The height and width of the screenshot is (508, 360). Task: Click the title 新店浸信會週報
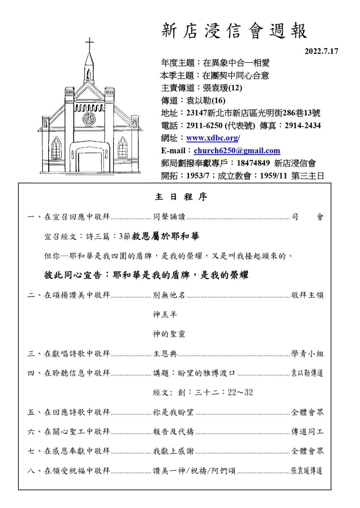[x=234, y=31]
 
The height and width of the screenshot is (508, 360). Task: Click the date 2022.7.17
[x=321, y=51]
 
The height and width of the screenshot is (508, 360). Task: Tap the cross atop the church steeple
[x=89, y=45]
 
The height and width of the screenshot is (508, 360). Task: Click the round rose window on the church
[x=89, y=118]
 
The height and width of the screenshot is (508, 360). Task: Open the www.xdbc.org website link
[x=212, y=138]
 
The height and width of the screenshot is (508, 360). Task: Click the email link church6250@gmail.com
[x=237, y=151]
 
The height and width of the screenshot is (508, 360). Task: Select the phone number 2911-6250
[x=204, y=126]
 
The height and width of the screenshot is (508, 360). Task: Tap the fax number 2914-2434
[x=302, y=126]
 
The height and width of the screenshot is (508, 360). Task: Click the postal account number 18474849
[x=253, y=163]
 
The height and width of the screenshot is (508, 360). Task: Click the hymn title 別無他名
[x=169, y=295]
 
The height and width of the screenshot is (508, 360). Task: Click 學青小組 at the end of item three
[x=307, y=354]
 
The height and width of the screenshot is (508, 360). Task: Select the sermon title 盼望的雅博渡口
[x=206, y=373]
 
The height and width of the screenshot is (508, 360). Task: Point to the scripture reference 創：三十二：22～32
[x=215, y=393]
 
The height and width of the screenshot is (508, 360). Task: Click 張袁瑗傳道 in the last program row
[x=307, y=471]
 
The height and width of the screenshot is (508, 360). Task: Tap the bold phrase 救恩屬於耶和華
[x=166, y=236]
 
